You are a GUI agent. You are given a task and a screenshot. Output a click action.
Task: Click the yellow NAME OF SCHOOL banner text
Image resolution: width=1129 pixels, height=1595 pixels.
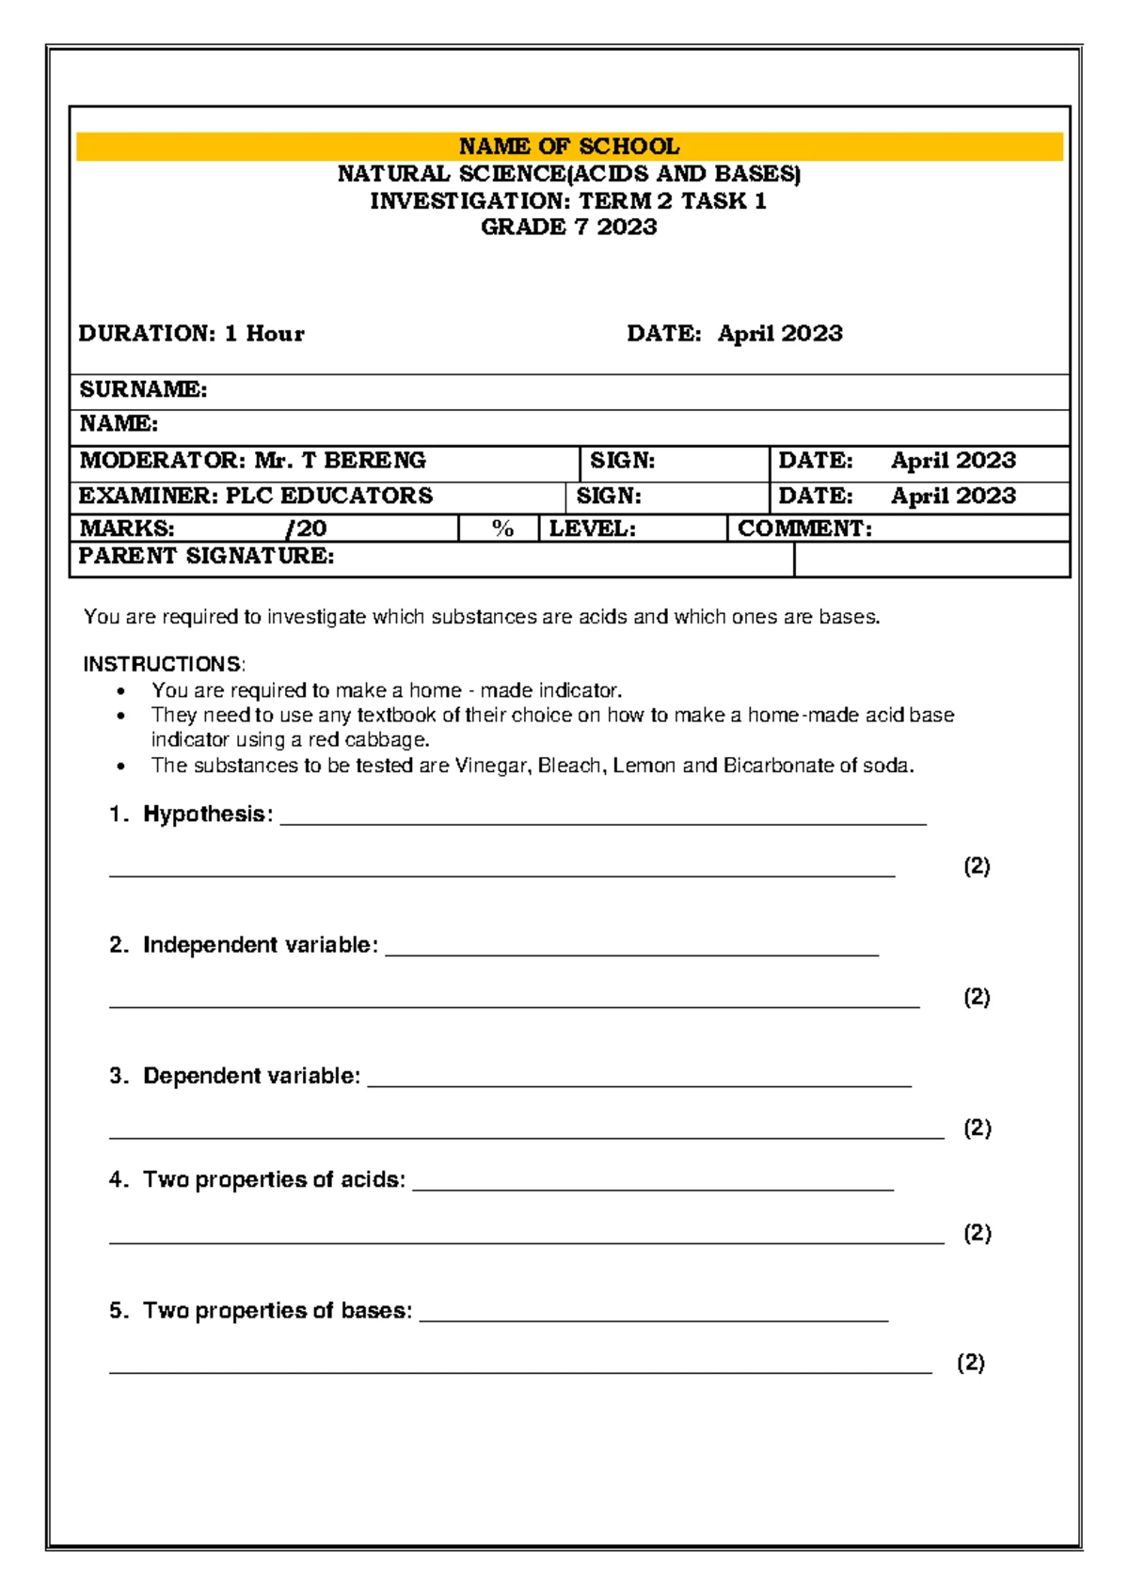[568, 147]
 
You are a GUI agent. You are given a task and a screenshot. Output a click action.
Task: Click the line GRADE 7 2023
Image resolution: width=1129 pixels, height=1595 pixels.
[568, 228]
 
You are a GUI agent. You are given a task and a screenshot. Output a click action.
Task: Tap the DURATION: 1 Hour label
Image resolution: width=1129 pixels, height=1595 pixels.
[191, 334]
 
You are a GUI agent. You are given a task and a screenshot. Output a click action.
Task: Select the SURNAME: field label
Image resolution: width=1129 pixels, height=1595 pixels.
[143, 389]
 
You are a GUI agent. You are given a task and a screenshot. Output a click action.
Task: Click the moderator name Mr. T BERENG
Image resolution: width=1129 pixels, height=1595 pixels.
[340, 461]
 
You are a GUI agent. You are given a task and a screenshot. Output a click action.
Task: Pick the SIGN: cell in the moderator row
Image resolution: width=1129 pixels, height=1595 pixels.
[622, 461]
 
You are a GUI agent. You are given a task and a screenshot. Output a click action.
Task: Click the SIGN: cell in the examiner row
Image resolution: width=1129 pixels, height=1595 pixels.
[609, 497]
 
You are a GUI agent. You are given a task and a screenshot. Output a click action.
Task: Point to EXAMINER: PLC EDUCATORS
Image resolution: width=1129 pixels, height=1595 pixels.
[255, 497]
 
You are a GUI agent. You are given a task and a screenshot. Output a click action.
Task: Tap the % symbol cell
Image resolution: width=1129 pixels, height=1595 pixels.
[502, 529]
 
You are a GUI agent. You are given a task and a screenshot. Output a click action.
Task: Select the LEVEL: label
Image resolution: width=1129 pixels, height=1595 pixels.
[592, 529]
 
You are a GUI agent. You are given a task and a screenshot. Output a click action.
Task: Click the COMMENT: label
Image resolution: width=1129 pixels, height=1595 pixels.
[804, 529]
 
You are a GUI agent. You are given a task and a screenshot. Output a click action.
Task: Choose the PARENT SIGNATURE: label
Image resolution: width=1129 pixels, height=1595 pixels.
[206, 557]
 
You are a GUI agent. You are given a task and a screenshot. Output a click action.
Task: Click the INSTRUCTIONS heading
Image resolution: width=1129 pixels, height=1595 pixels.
[163, 664]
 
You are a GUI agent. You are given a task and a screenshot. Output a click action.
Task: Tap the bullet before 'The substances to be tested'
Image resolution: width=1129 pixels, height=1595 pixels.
[120, 766]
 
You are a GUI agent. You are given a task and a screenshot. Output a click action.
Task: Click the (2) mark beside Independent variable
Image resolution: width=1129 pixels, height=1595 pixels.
[977, 997]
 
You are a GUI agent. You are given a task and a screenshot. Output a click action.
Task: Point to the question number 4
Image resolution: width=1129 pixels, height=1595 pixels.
[118, 1179]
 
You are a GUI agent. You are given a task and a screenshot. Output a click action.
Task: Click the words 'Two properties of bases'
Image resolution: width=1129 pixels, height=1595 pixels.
[277, 1310]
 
